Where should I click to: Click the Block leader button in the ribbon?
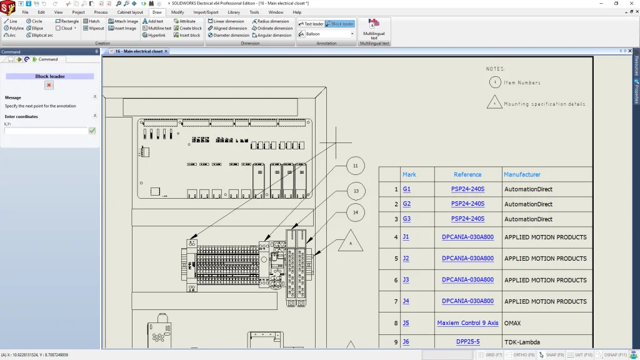coord(340,24)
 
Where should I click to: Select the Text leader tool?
coord(311,24)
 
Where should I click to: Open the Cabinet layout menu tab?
coord(129,12)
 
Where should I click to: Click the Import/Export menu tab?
coord(206,12)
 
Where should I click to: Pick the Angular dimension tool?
coord(272,35)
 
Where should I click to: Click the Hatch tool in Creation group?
coord(91,21)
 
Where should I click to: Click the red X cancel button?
coord(49,85)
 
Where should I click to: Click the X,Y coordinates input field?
coord(46,131)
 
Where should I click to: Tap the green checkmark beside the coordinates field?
coord(92,131)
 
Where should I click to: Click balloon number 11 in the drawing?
coord(355,166)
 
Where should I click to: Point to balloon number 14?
coord(355,212)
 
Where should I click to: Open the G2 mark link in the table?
coord(407,204)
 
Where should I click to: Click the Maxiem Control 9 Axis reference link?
coord(467,323)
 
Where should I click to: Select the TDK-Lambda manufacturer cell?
coord(523,342)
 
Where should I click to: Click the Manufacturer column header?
coord(522,174)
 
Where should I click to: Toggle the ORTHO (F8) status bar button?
coord(518,355)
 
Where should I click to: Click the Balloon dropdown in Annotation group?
coord(329,34)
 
